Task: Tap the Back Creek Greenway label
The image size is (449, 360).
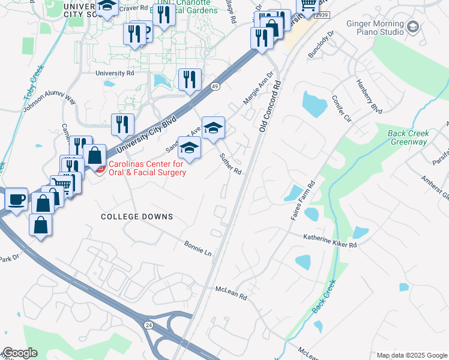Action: [x=407, y=138]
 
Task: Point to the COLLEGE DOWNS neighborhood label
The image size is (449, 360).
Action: [x=137, y=217]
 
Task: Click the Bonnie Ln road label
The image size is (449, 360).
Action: [x=199, y=248]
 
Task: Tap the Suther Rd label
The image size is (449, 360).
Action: [x=230, y=164]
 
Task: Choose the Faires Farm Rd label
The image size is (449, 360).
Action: [x=303, y=200]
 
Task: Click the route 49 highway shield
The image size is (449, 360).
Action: [x=215, y=86]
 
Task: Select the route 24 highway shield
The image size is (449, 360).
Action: [x=148, y=324]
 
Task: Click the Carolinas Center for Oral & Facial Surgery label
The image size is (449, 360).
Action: [x=146, y=169]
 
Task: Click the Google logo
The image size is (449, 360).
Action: [x=20, y=353]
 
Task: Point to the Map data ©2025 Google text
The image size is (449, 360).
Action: [x=412, y=355]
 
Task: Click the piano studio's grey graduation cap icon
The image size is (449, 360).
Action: [x=412, y=26]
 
